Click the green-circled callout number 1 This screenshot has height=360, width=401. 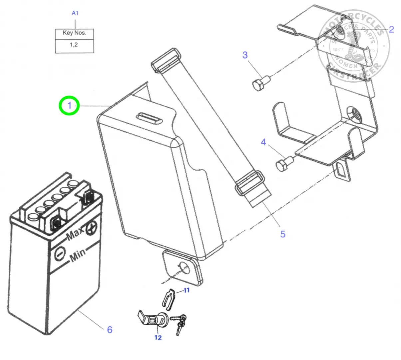pyautogui.click(x=69, y=106)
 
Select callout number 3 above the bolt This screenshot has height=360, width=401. pyautogui.click(x=245, y=55)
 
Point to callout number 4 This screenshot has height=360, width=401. pyautogui.click(x=263, y=143)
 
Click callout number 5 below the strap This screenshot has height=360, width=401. pyautogui.click(x=283, y=234)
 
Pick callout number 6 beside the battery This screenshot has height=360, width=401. pyautogui.click(x=110, y=330)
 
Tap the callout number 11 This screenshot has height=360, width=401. pyautogui.click(x=187, y=290)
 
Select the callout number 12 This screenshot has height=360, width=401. pyautogui.click(x=158, y=338)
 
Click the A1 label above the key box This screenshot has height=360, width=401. pyautogui.click(x=75, y=13)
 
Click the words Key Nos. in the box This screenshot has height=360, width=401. pyautogui.click(x=74, y=33)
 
